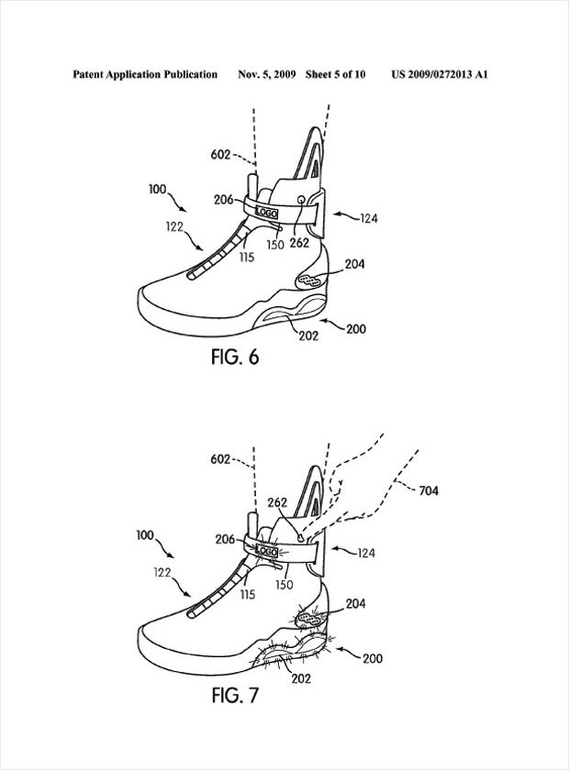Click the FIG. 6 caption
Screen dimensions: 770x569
tap(234, 357)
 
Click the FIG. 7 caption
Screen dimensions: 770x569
tap(234, 696)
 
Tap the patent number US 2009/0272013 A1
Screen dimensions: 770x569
tap(439, 73)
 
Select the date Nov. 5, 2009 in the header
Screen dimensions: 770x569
tap(266, 73)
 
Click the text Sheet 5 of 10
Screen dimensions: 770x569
tap(335, 73)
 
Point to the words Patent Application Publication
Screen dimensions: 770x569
tap(145, 73)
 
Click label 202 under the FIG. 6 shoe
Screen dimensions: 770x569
tap(308, 335)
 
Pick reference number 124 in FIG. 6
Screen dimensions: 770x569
tap(368, 217)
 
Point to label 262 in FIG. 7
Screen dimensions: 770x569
tap(279, 503)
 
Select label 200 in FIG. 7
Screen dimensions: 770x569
tap(373, 658)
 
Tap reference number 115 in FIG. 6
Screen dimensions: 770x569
tap(246, 258)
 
